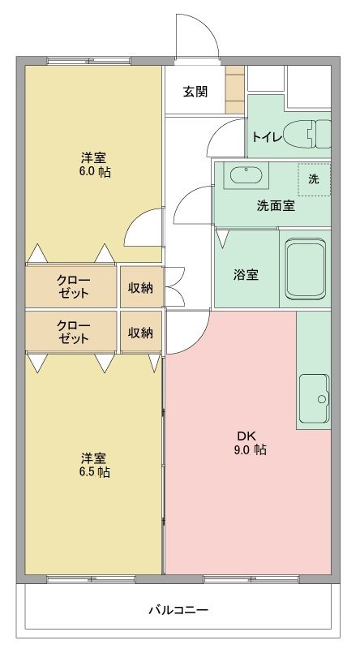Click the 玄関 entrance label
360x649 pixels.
tap(195, 91)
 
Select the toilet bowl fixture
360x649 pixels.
tap(312, 133)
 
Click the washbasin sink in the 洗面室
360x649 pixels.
tap(244, 174)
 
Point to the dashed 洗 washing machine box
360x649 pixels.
tap(313, 179)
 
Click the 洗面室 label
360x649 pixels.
tap(275, 205)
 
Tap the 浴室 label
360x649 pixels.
tap(246, 274)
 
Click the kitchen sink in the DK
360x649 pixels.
tap(315, 399)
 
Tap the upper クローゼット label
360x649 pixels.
tap(72, 286)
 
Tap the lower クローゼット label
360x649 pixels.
tap(72, 332)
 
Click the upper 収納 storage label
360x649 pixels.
tap(141, 286)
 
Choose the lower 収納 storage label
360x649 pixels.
tap(141, 332)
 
